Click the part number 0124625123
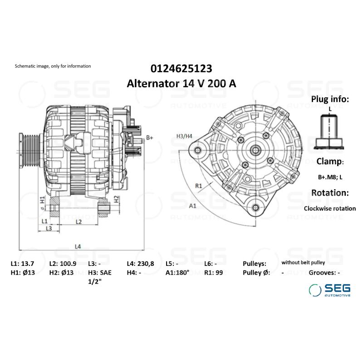pos(181,69)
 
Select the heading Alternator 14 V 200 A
pos(181,84)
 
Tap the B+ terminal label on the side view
pos(150,137)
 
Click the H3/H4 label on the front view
pos(184,136)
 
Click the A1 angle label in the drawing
pos(192,206)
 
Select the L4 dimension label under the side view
pos(78,246)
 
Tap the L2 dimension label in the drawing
pos(78,221)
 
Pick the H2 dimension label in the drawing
pos(117,198)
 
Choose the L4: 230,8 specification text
pos(141,263)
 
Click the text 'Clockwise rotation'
pos(329,209)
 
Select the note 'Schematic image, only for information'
pos(53,66)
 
